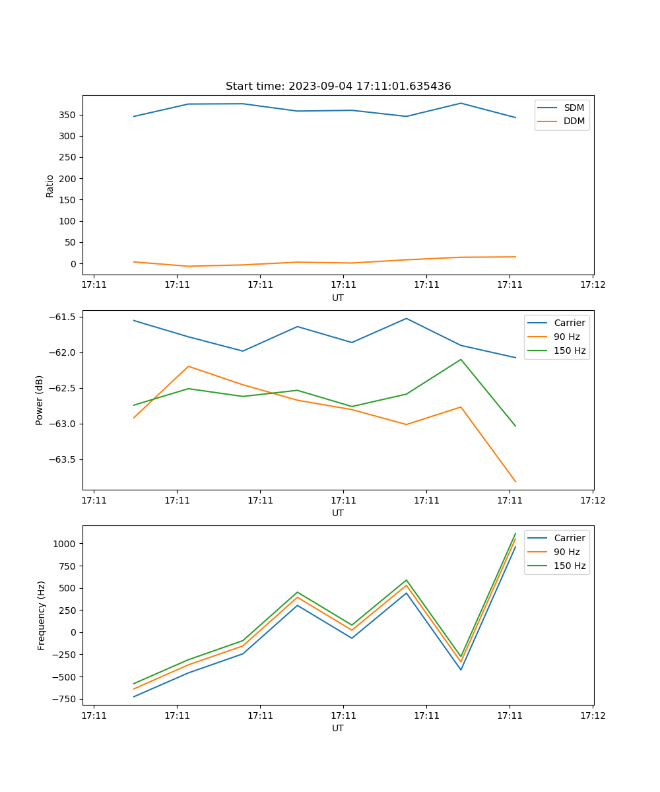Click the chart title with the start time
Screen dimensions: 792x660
point(338,86)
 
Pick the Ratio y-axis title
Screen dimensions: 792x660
point(50,185)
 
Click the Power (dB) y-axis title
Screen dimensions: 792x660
point(40,400)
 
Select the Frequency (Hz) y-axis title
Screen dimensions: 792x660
point(41,615)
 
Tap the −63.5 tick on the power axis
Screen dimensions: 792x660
point(64,459)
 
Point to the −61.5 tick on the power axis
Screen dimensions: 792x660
point(64,317)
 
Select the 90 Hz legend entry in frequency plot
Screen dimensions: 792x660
point(566,552)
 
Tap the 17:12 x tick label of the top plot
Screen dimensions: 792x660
point(592,284)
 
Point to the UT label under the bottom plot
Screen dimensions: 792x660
point(338,728)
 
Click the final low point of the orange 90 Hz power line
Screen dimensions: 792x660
point(515,482)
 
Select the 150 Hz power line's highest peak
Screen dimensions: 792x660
point(461,360)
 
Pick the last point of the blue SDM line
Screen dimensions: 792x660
point(515,117)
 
